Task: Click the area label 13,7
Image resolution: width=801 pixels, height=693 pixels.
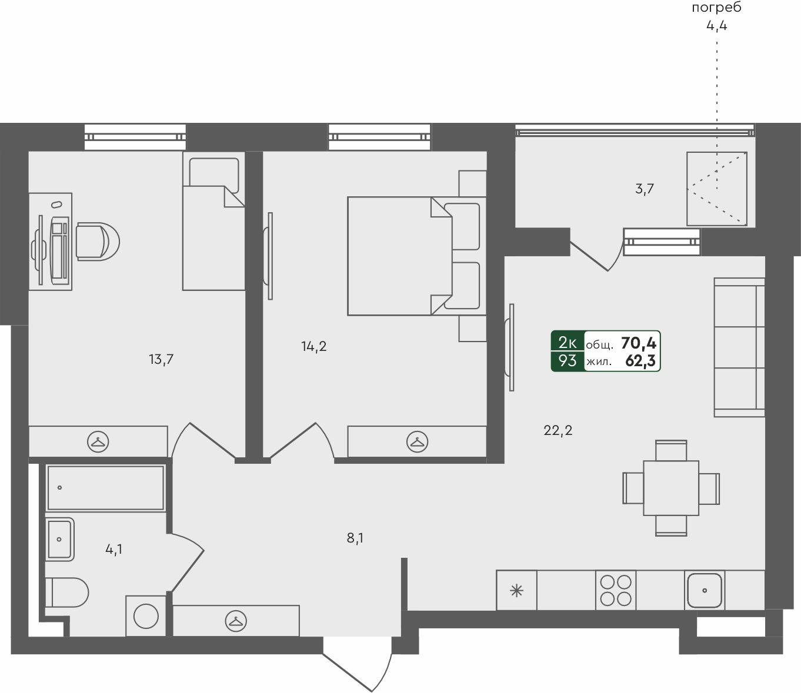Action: click(x=161, y=359)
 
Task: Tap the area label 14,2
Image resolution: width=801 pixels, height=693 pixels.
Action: click(x=314, y=347)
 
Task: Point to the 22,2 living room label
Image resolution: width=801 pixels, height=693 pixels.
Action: click(x=558, y=431)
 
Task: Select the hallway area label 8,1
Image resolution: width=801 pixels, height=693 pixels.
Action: click(x=355, y=538)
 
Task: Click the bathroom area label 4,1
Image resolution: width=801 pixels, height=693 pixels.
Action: click(x=114, y=550)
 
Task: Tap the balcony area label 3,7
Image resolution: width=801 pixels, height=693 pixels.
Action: click(x=645, y=189)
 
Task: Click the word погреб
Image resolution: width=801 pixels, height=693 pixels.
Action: click(x=716, y=8)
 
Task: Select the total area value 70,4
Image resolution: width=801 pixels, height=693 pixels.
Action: click(x=639, y=343)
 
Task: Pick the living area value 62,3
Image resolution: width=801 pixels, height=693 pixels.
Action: click(x=640, y=361)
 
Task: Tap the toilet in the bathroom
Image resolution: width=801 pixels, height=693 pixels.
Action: click(x=67, y=592)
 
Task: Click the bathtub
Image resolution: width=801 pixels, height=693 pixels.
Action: click(x=105, y=488)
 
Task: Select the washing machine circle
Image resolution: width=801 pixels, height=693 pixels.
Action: click(x=146, y=616)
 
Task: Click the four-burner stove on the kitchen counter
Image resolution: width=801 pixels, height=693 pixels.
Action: click(x=616, y=590)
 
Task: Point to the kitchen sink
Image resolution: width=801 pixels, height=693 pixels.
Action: click(x=705, y=590)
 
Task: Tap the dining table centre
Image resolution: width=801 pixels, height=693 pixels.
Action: click(x=671, y=488)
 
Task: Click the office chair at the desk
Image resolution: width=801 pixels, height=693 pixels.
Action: click(x=97, y=241)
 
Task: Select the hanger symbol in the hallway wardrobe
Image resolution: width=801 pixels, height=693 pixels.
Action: click(x=236, y=620)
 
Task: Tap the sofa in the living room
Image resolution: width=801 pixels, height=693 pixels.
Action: click(x=739, y=347)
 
